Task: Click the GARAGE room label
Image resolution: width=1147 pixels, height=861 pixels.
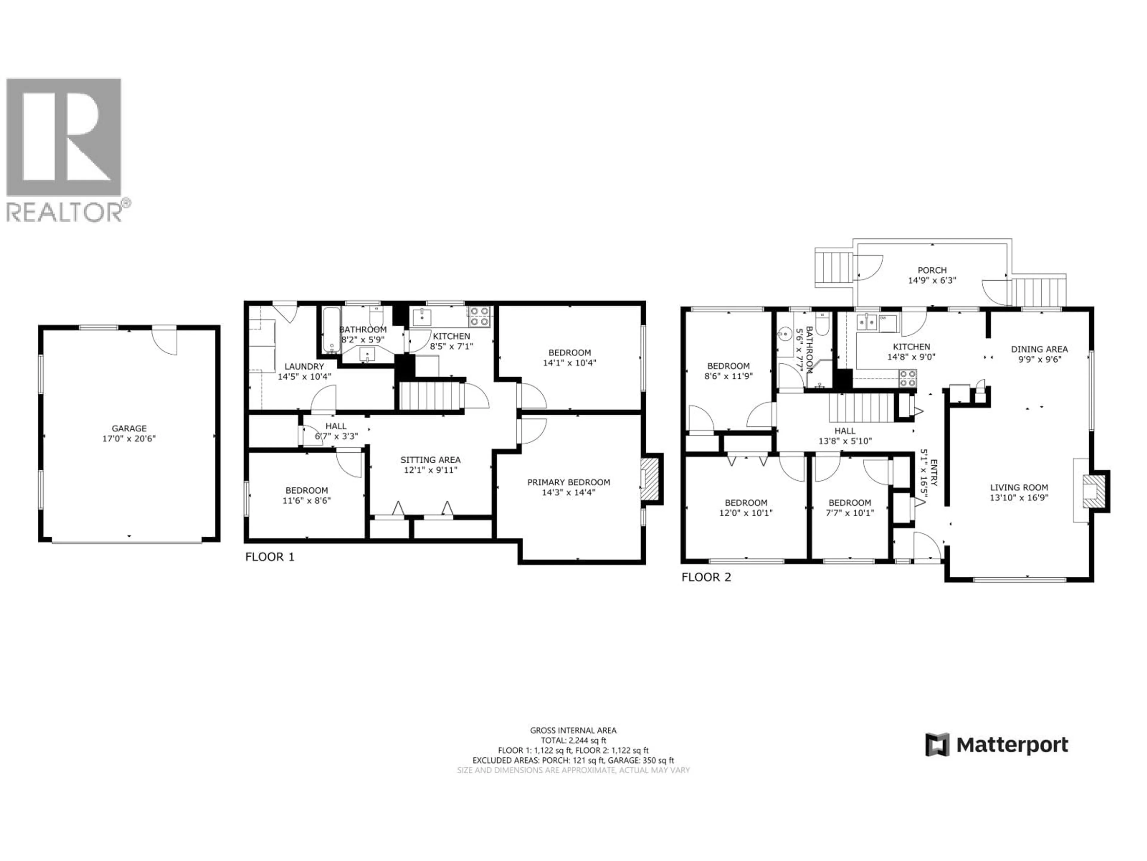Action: coord(129,428)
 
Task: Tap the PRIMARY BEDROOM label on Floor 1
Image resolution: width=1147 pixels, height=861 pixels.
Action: coord(568,482)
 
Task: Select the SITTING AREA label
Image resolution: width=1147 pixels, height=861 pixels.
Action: coord(430,460)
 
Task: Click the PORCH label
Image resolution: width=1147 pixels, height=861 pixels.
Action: coord(932,270)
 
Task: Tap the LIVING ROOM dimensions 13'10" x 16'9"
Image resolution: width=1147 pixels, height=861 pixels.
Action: coord(1019,498)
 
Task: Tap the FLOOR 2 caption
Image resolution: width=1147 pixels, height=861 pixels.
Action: coord(706,577)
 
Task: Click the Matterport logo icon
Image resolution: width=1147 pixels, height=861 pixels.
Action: coord(937,745)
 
